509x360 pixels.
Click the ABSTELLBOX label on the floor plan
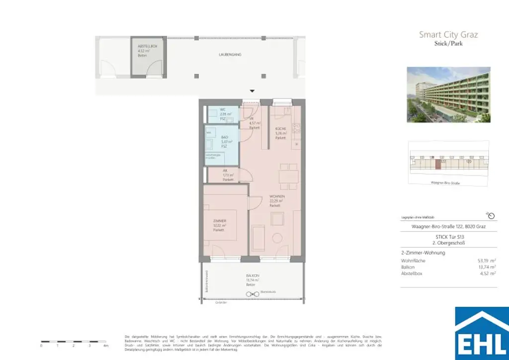pyautogui.click(x=147, y=46)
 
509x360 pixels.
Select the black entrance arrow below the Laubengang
pyautogui.click(x=252, y=91)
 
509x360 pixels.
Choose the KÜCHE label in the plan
pyautogui.click(x=281, y=129)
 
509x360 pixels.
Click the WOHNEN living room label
pyautogui.click(x=277, y=197)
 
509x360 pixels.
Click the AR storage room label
pyautogui.click(x=225, y=170)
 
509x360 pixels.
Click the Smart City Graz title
pyautogui.click(x=448, y=34)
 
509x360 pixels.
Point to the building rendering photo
pyautogui.click(x=448, y=94)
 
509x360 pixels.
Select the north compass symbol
pyautogui.click(x=491, y=216)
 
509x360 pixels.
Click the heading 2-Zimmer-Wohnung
pyautogui.click(x=423, y=253)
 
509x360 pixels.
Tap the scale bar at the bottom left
pyautogui.click(x=74, y=342)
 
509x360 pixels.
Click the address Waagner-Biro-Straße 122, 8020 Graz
pyautogui.click(x=448, y=227)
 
